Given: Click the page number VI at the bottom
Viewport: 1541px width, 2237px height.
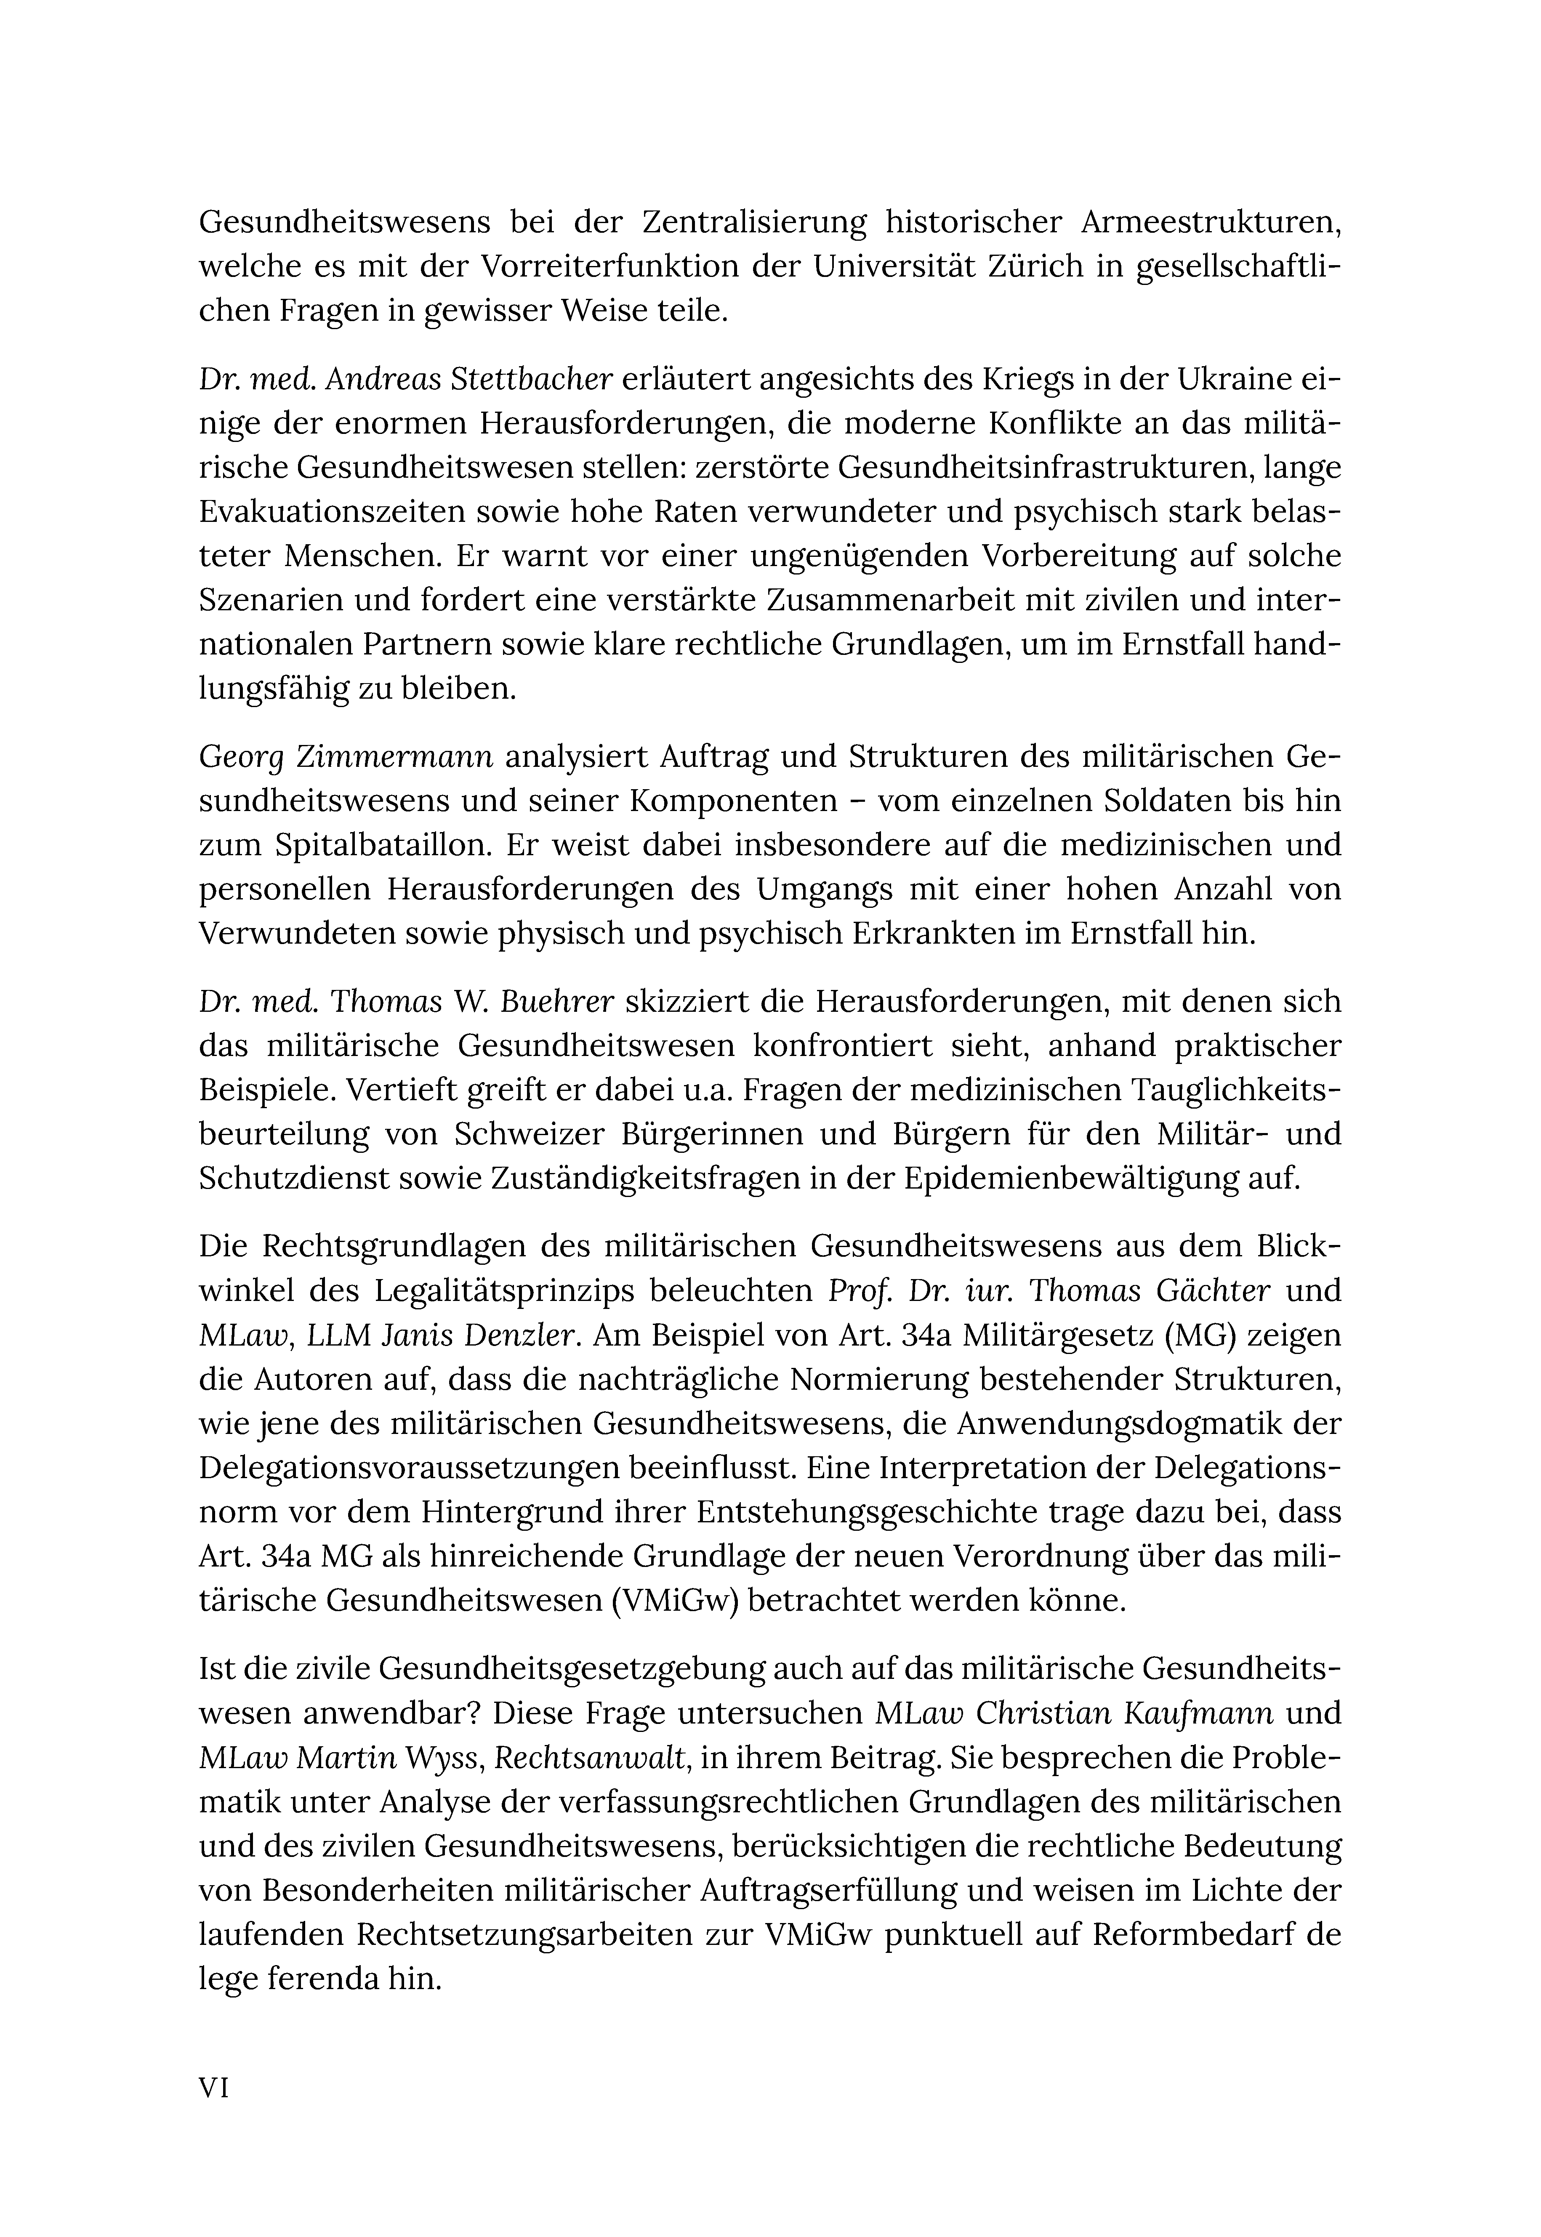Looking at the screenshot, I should pyautogui.click(x=213, y=2088).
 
